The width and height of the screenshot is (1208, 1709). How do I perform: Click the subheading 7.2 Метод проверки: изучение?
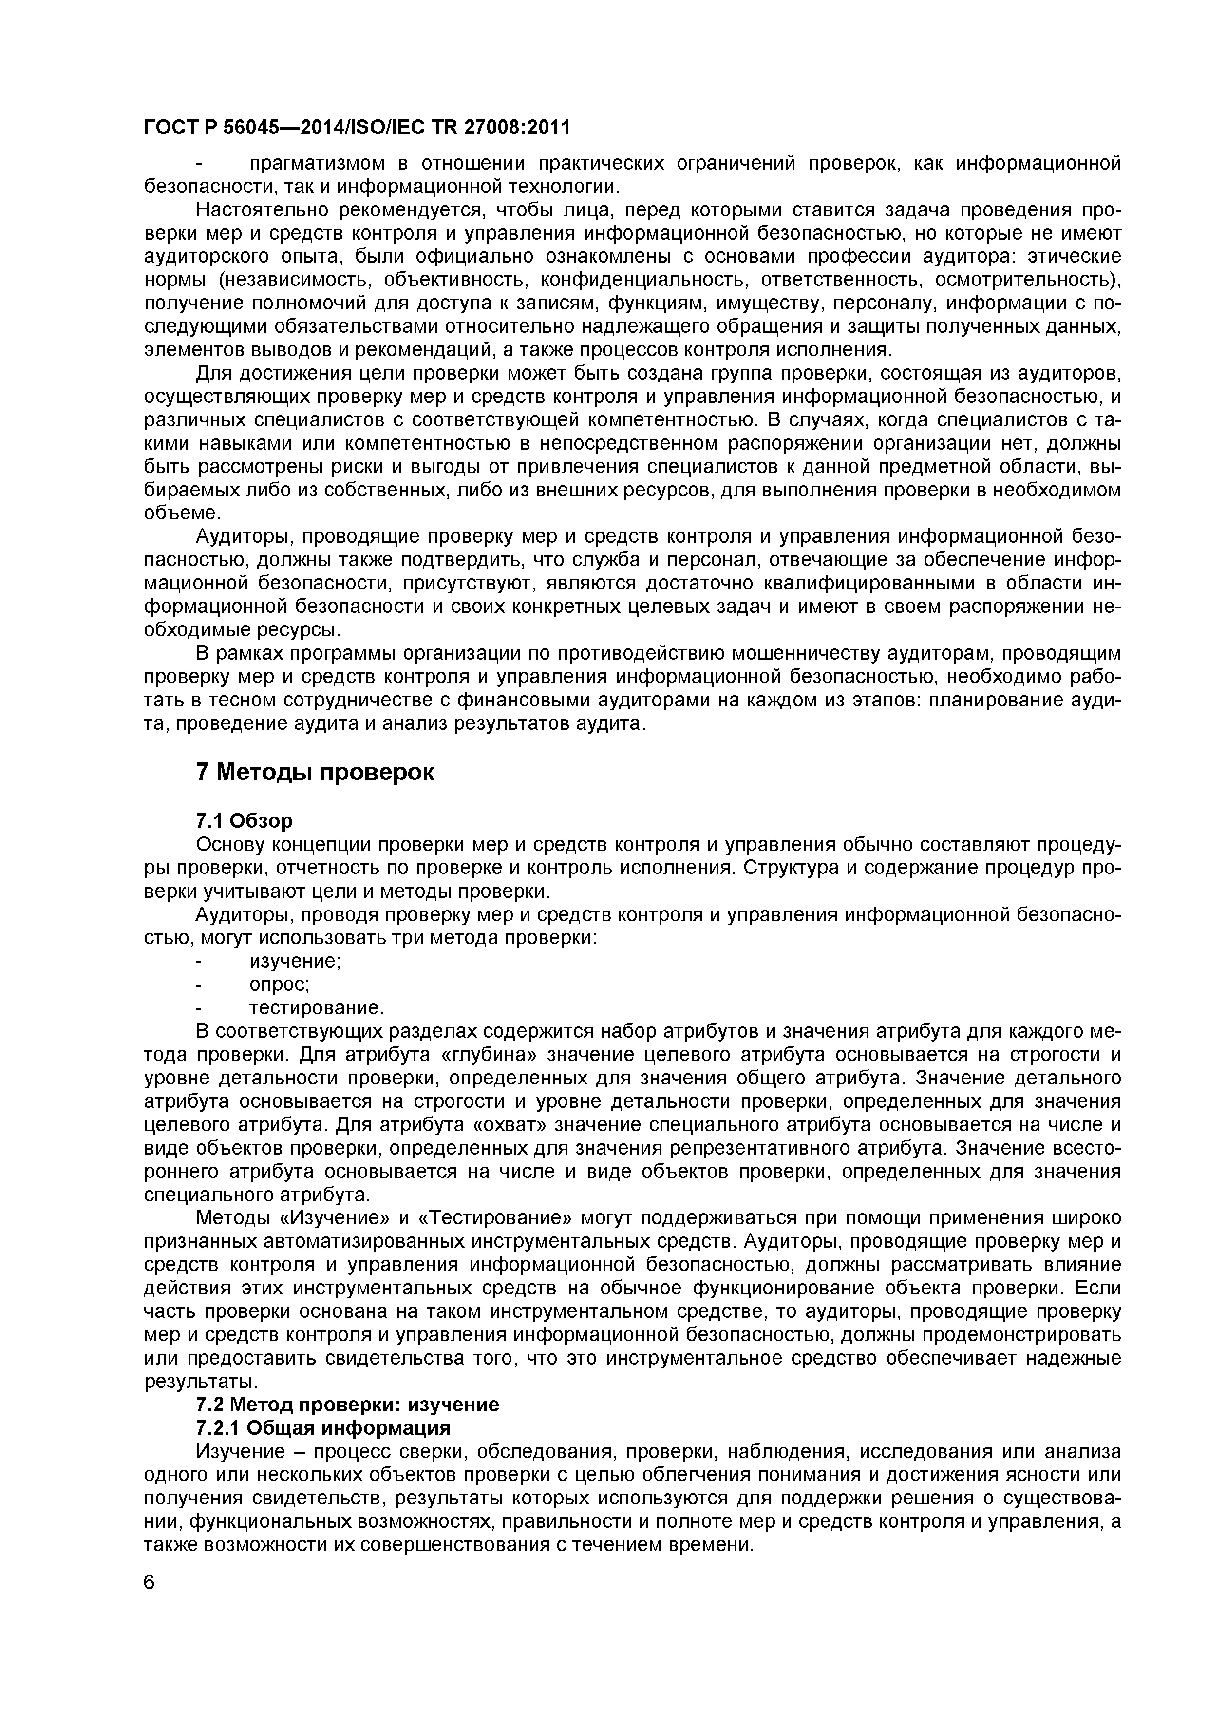[347, 1405]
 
